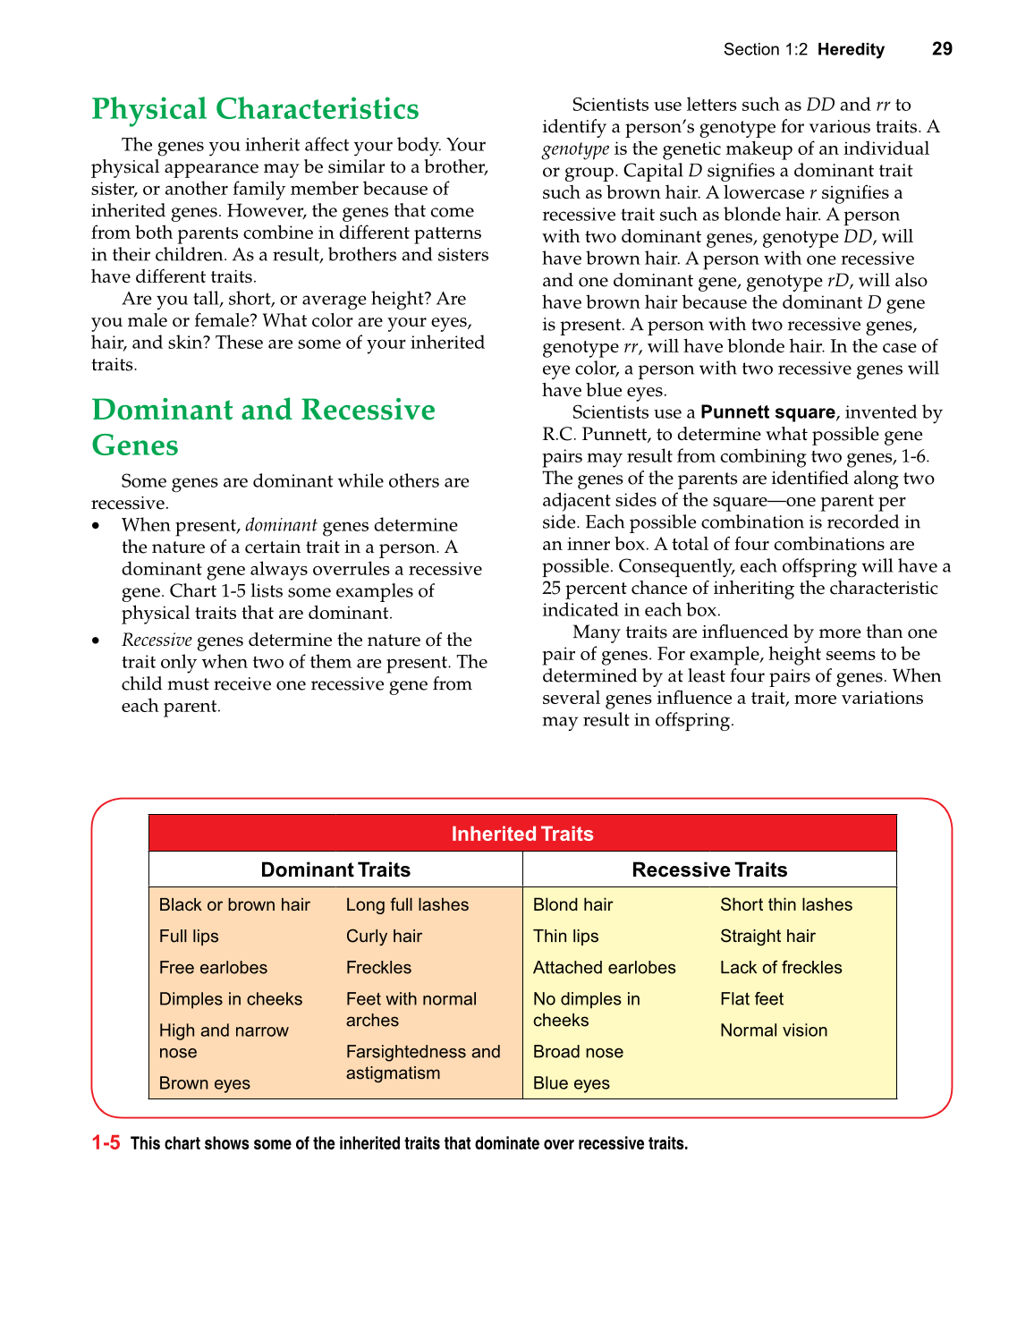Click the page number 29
coord(941,49)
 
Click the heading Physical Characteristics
coord(255,109)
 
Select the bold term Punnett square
coord(767,412)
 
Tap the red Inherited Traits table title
coord(522,834)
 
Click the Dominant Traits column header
coord(335,869)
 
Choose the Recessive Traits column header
coord(709,869)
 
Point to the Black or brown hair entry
coord(234,904)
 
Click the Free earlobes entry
coord(213,967)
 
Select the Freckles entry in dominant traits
coord(378,967)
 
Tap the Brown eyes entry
coord(204,1083)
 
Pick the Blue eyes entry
coord(571,1083)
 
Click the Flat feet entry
coord(751,998)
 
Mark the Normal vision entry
coord(774,1030)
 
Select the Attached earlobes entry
coord(604,967)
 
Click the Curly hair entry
coord(384,936)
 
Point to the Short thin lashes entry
coord(786,904)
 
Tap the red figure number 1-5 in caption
coord(106,1142)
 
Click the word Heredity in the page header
coord(851,49)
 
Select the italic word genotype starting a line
coord(575,149)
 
